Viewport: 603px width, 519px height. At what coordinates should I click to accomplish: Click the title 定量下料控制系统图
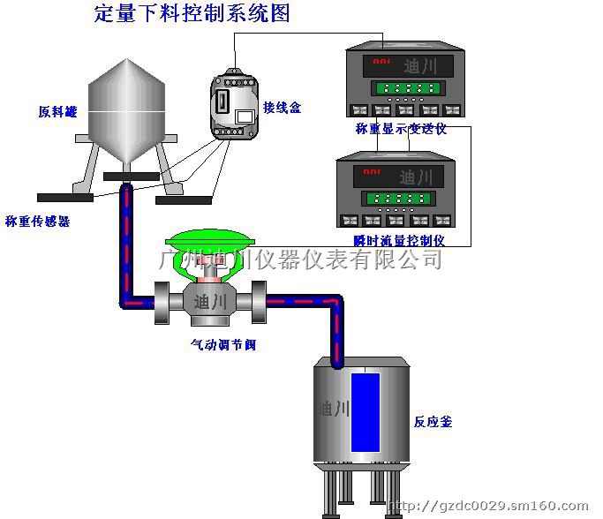tap(192, 13)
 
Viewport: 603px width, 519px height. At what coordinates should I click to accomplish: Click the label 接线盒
tap(283, 108)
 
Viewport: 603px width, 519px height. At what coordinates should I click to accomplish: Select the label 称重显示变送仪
tap(402, 129)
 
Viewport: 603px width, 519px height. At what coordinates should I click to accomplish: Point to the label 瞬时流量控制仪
tap(398, 239)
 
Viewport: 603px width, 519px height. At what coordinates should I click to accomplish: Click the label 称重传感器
tap(38, 221)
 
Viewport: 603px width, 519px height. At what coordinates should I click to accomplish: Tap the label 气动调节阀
tap(223, 344)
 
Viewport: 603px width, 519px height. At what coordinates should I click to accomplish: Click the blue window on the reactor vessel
tap(365, 410)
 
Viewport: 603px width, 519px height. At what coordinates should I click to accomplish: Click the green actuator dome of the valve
tap(209, 243)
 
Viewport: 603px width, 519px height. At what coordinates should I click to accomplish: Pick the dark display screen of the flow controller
tap(396, 176)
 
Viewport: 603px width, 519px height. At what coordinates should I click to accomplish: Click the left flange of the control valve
tap(164, 303)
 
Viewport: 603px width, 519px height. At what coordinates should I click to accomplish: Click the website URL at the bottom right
tap(488, 508)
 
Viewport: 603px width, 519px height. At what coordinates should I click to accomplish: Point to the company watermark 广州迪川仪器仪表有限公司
tap(300, 259)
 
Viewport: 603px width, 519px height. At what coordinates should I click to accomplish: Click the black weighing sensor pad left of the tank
tap(65, 197)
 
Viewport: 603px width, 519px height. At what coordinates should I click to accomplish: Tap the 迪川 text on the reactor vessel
tap(332, 409)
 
